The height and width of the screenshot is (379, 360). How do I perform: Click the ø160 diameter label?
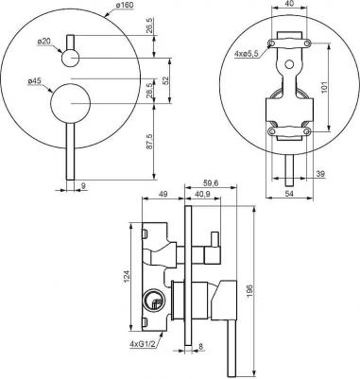tap(120, 5)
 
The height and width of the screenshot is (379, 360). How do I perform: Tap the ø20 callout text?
tap(43, 41)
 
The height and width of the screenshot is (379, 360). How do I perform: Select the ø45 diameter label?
tap(34, 81)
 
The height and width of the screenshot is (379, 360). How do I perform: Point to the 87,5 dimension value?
tap(149, 142)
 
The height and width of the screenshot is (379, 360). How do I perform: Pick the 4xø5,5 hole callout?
tap(247, 54)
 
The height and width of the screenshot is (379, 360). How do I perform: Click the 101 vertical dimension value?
tap(325, 87)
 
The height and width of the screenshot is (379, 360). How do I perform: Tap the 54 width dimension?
tap(289, 194)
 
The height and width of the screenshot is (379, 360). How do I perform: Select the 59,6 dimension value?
tap(210, 182)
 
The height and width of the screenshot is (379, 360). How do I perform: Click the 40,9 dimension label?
tap(202, 195)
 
